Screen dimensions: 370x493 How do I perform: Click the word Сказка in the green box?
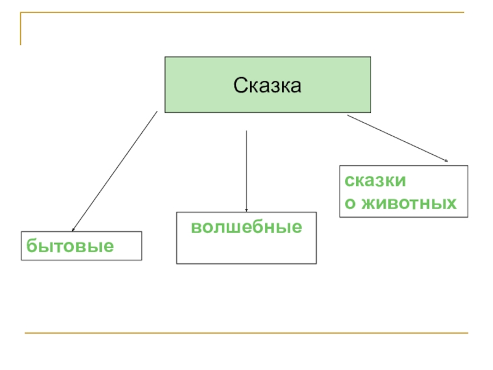[267, 86]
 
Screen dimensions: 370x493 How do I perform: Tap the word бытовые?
[70, 247]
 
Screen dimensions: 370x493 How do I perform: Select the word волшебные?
[246, 228]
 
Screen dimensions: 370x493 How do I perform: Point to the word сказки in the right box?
[375, 181]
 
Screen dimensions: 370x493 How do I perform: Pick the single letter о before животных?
[349, 203]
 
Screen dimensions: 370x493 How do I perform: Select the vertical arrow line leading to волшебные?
[246, 170]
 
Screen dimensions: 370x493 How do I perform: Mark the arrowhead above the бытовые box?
[73, 229]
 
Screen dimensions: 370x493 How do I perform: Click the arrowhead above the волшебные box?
[246, 210]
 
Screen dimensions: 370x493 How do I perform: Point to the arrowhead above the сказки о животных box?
[446, 161]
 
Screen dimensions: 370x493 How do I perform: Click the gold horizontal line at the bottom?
[246, 334]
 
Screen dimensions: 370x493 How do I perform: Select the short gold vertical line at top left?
[20, 28]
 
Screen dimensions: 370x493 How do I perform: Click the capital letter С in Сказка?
[239, 86]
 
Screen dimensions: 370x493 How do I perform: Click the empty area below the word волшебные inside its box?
[246, 250]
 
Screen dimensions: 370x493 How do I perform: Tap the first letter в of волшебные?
[195, 228]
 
